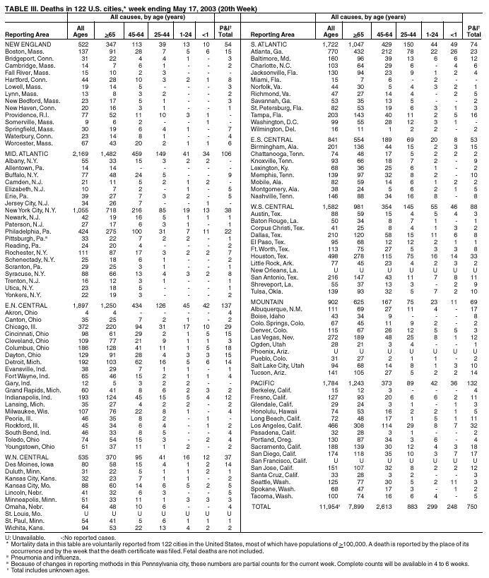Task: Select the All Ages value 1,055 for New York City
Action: pos(81,210)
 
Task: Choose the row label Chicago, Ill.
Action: pos(20,327)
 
